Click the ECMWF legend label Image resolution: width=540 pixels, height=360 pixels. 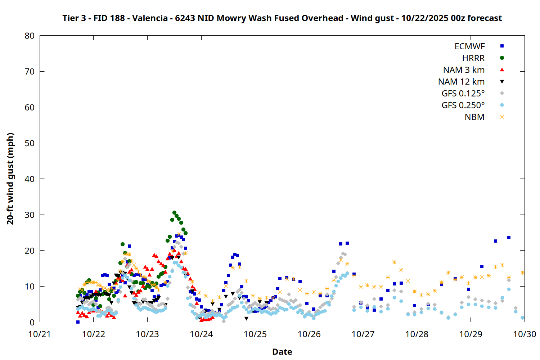pos(469,46)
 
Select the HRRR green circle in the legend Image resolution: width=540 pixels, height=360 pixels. pos(502,58)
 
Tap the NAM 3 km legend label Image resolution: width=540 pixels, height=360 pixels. pos(464,70)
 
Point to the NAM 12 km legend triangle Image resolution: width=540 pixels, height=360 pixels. pos(502,82)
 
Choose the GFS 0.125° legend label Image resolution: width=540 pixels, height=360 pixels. pos(463,94)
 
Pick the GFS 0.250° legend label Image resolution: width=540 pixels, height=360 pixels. pos(463,105)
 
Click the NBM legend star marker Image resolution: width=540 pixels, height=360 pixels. pos(502,117)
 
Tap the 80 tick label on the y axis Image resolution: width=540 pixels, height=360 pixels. pos(30,36)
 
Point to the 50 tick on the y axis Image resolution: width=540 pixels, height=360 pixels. pos(30,143)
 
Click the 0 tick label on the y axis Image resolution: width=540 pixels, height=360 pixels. pos(32,323)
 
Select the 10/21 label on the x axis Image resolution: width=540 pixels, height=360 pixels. pos(40,334)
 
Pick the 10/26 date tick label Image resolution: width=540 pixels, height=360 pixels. pos(309,334)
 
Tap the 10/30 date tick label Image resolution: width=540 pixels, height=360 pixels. pos(524,334)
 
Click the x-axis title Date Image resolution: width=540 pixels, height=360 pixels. pos(282,352)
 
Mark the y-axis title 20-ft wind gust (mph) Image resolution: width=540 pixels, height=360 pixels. pos(10,179)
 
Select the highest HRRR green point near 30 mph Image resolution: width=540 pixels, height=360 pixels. pos(174,213)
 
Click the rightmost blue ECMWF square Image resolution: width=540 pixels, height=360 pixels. pos(509,238)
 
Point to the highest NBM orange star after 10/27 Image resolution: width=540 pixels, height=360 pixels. pos(394,262)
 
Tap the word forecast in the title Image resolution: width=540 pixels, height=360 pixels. pos(485,18)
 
